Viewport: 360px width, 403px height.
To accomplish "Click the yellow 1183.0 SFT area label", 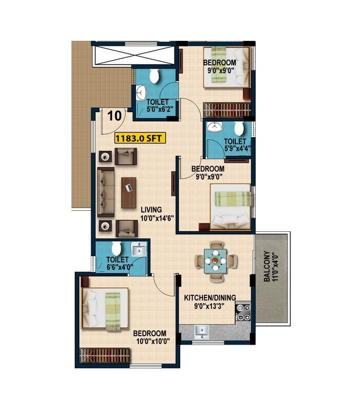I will [140, 138].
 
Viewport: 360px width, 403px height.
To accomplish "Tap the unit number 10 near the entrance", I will [114, 116].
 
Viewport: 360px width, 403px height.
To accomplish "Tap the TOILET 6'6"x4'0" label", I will [121, 264].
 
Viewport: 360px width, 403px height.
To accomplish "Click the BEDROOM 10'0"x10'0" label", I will [150, 337].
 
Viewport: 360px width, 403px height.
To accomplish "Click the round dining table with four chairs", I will [216, 261].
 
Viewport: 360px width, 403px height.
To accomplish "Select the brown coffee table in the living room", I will [129, 192].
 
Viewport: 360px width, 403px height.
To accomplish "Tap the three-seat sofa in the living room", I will [105, 192].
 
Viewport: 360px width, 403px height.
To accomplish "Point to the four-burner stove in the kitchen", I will [243, 312].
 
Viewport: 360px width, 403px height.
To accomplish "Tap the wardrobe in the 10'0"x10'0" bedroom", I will [105, 356].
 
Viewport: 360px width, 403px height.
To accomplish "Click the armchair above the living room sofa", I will [126, 155].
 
